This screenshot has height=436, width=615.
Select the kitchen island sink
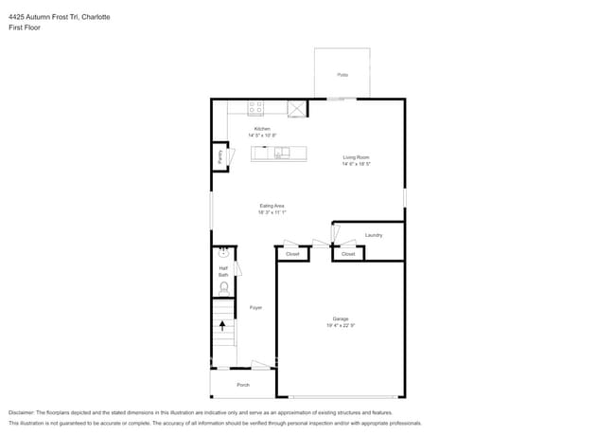tap(282, 153)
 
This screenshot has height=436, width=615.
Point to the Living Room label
tap(356, 157)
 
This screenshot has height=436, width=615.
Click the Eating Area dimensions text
tap(272, 212)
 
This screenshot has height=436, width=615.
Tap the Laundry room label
tap(373, 234)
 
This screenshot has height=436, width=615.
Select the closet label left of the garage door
tap(292, 254)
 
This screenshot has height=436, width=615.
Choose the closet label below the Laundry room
tap(348, 254)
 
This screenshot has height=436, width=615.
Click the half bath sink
tap(223, 253)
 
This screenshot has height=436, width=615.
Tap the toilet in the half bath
tap(224, 286)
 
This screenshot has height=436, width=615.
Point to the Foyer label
tap(255, 308)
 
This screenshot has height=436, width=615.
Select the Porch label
tap(243, 385)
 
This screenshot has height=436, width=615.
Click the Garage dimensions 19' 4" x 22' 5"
tap(340, 325)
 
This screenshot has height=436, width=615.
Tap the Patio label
tap(342, 74)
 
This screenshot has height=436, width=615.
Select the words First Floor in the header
tap(25, 27)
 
